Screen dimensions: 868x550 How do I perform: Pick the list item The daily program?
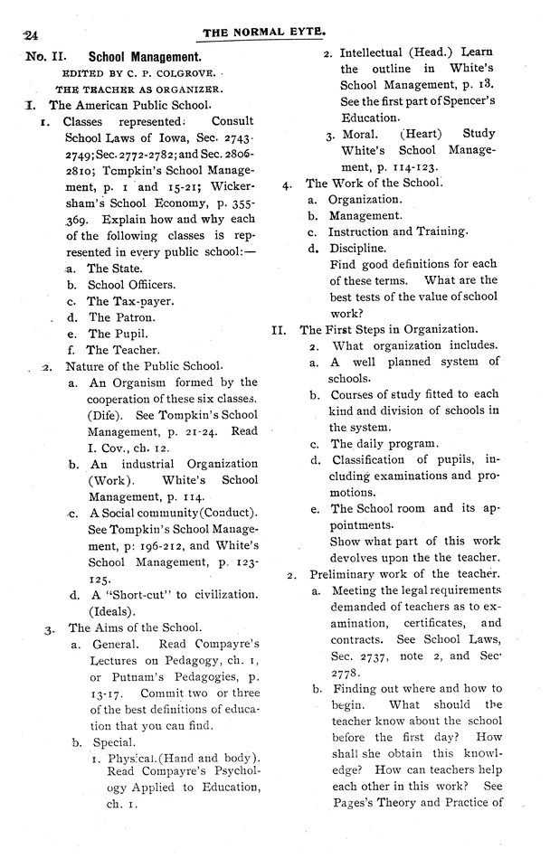click(384, 444)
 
